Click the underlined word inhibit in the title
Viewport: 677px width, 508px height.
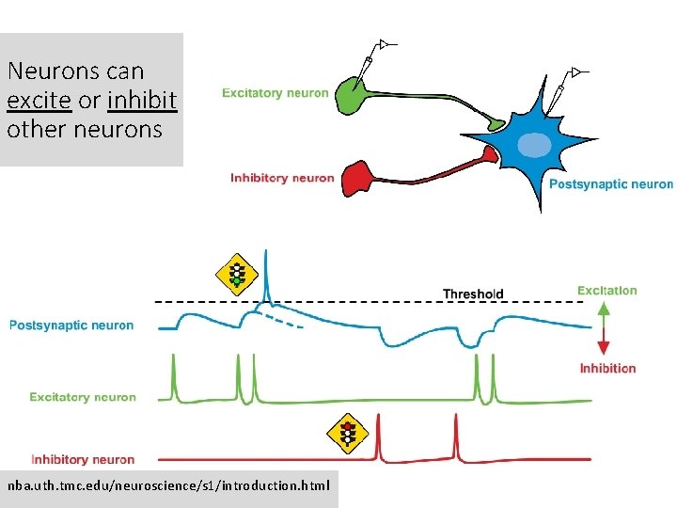coord(142,100)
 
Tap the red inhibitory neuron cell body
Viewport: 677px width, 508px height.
coord(357,178)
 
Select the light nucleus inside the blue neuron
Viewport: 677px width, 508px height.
coord(535,144)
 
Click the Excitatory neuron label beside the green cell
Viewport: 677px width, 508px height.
coord(275,93)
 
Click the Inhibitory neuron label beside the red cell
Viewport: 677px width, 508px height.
coord(282,179)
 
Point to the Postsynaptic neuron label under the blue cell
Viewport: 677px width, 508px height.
coord(610,184)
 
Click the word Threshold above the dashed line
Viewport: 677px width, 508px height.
coord(473,294)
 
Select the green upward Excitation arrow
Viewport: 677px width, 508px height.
coord(604,311)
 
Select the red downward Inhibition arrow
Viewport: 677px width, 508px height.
coord(604,340)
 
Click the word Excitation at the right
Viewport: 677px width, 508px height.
coord(606,291)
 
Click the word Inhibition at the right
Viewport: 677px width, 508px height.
coord(607,368)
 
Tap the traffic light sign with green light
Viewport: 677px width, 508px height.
coord(237,274)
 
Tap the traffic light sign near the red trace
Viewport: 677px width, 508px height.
coord(349,434)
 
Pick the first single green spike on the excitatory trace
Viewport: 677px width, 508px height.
coord(173,376)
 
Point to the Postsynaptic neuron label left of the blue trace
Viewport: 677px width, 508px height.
coord(71,325)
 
